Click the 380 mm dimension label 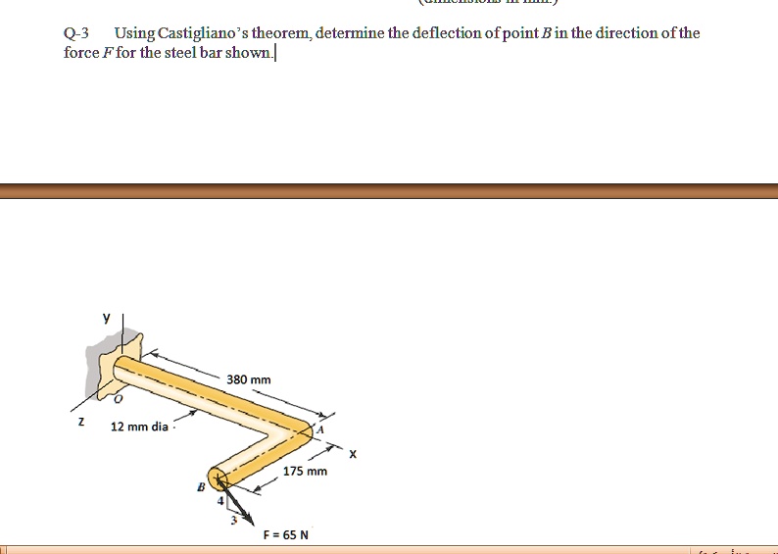(x=248, y=379)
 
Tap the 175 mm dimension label (x=305, y=472)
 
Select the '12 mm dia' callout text (x=139, y=427)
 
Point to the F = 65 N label (x=285, y=534)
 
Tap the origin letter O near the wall (x=119, y=400)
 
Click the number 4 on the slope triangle (x=220, y=501)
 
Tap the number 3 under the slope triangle (x=232, y=520)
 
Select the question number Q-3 (x=76, y=33)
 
